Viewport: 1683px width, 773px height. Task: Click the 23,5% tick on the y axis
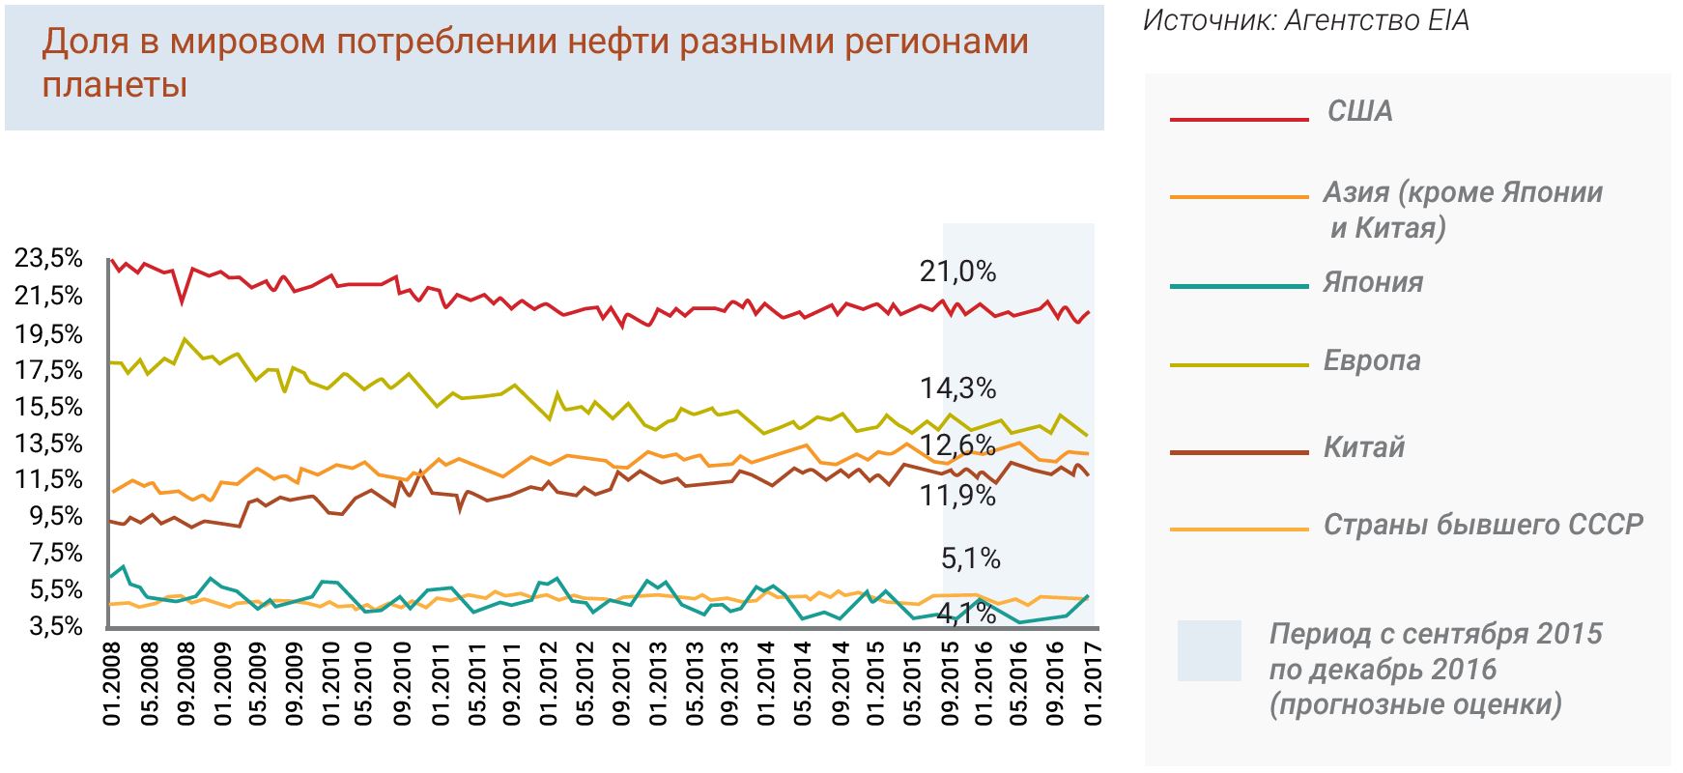pyautogui.click(x=48, y=259)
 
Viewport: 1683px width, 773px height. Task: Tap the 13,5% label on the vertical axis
pyautogui.click(x=48, y=444)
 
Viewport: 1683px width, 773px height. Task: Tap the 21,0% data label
pyautogui.click(x=957, y=272)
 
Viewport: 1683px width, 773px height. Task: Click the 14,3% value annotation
pyautogui.click(x=957, y=388)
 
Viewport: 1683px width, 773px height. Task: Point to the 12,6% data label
pyautogui.click(x=957, y=445)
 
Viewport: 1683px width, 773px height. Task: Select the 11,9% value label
pyautogui.click(x=957, y=496)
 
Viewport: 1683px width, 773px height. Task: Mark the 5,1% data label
pyautogui.click(x=970, y=558)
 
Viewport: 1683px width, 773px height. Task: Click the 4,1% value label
pyautogui.click(x=966, y=613)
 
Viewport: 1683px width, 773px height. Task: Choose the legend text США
pyautogui.click(x=1359, y=111)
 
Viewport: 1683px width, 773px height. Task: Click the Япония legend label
pyautogui.click(x=1372, y=282)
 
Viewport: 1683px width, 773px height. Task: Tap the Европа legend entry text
pyautogui.click(x=1372, y=360)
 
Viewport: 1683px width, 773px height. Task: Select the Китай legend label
pyautogui.click(x=1363, y=447)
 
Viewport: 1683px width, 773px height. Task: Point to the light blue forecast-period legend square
pyautogui.click(x=1209, y=650)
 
